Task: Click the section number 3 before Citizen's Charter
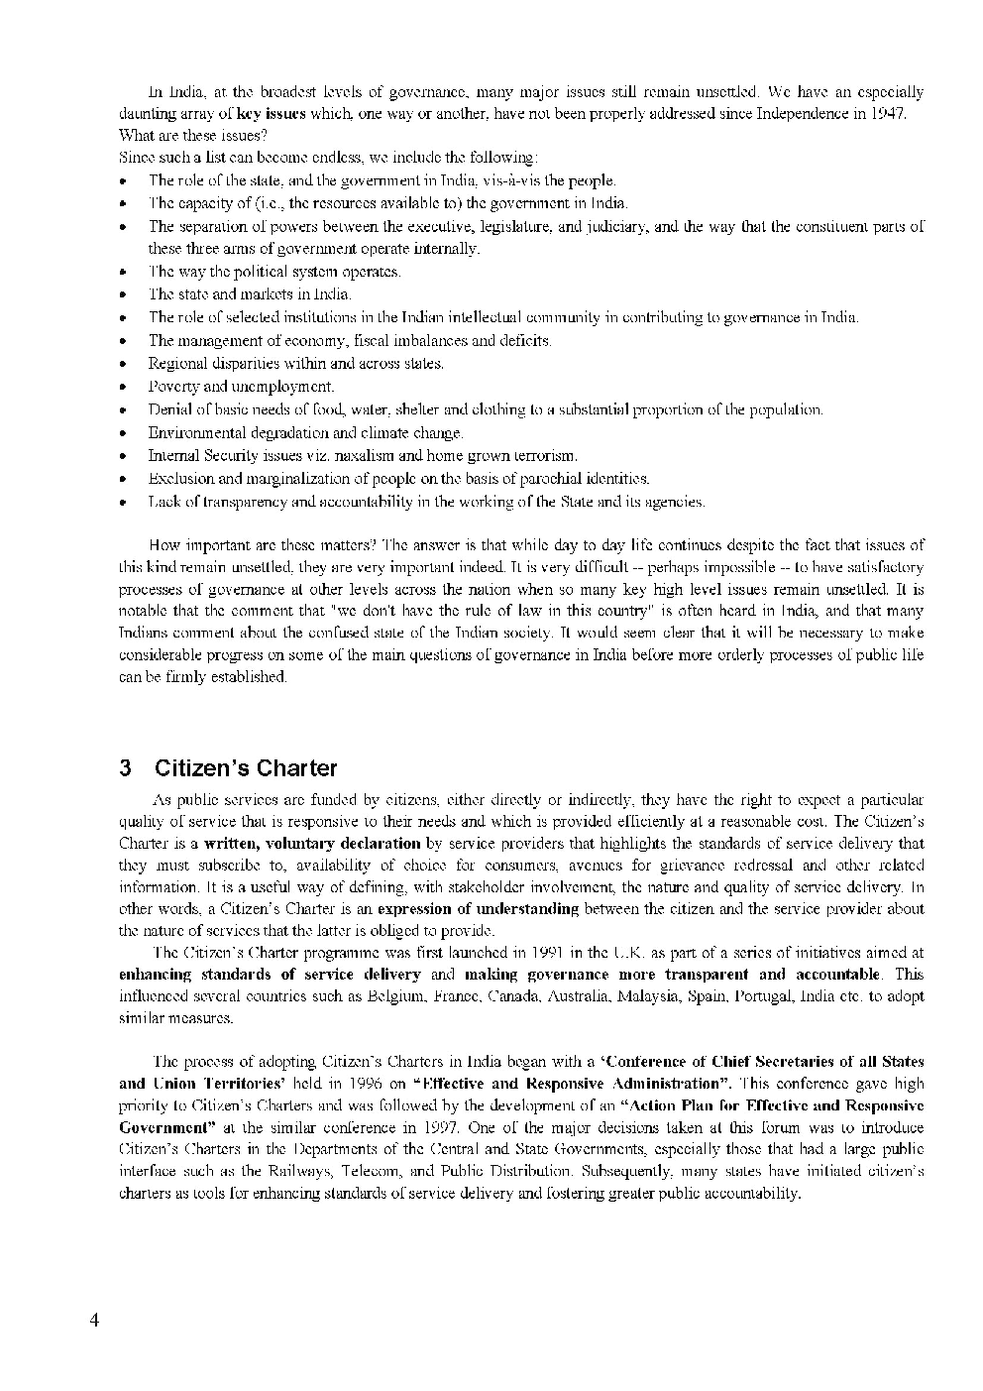[125, 768]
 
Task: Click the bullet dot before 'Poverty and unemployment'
[122, 388]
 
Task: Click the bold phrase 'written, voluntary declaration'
[312, 844]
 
